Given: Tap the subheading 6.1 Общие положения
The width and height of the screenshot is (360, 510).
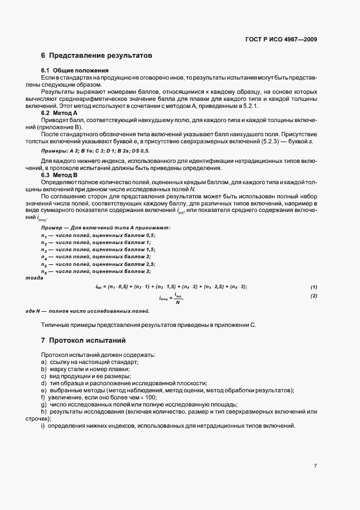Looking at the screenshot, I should pos(75,71).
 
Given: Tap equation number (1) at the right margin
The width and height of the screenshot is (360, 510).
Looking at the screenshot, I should pos(314,287).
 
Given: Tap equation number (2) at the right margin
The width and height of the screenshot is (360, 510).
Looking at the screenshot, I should pos(314,296).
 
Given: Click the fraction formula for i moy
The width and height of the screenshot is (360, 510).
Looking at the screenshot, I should pos(172,298).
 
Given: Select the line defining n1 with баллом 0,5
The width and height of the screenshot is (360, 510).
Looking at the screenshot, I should pos(98,235).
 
